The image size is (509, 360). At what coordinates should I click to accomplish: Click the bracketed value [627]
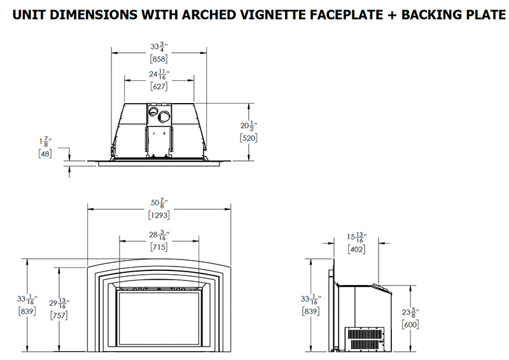(x=158, y=87)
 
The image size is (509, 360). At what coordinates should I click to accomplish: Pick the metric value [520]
(x=249, y=137)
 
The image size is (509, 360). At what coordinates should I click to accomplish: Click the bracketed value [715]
(x=159, y=247)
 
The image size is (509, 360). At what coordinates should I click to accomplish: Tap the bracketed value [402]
(x=356, y=250)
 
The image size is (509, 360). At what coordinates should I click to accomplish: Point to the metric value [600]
(x=411, y=324)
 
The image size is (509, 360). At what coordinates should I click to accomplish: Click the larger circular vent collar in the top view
(x=164, y=117)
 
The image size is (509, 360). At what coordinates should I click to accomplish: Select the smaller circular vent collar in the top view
(x=153, y=112)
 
